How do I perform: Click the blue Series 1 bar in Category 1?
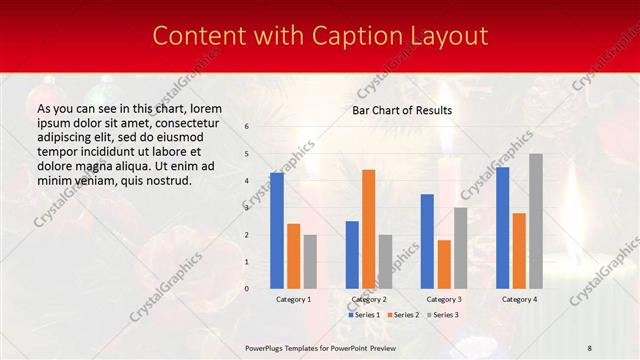[277, 231]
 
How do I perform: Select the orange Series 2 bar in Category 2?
[368, 229]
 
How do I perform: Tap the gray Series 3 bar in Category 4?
[535, 221]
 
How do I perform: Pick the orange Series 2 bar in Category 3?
[444, 264]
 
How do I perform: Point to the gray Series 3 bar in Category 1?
[310, 262]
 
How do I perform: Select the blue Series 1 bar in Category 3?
[427, 241]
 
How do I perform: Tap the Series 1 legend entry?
[364, 315]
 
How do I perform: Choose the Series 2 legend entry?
[401, 315]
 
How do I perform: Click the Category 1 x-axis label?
[293, 299]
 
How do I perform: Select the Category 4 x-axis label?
[518, 299]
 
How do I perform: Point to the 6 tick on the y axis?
[247, 127]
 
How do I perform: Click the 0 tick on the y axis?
[247, 289]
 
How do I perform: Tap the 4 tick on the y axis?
[247, 181]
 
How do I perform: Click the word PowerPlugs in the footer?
[266, 346]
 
